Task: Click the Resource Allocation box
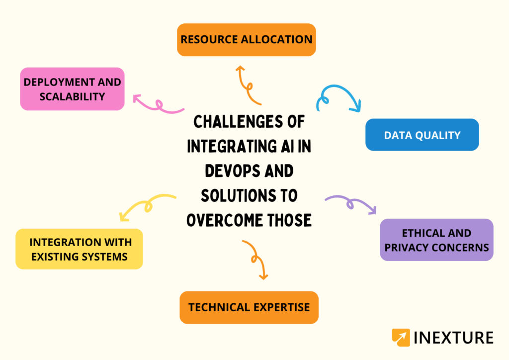click(x=247, y=39)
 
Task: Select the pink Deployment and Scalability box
click(x=72, y=89)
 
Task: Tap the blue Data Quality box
click(x=422, y=135)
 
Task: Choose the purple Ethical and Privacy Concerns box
click(x=436, y=240)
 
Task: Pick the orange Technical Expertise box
click(x=249, y=307)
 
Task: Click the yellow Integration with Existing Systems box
click(x=80, y=249)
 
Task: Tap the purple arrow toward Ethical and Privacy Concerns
click(x=351, y=203)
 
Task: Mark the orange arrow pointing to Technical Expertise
click(x=255, y=259)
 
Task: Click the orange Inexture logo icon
click(x=401, y=338)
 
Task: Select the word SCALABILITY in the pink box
click(x=73, y=96)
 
